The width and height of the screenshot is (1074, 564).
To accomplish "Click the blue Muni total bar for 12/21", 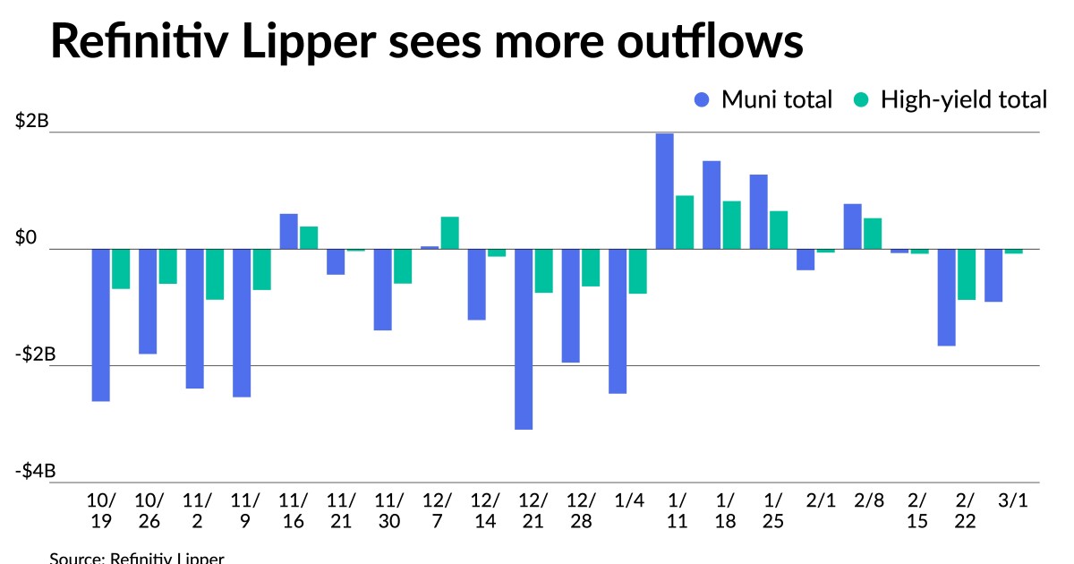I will click(524, 339).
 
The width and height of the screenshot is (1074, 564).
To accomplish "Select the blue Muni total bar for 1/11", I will click(664, 191).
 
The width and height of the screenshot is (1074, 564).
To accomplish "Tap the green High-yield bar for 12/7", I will click(449, 233).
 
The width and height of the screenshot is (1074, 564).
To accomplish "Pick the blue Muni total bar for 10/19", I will click(100, 325).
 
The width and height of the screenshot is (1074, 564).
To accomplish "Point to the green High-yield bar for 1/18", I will click(731, 225).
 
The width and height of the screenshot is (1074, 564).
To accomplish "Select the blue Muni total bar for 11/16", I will click(288, 231).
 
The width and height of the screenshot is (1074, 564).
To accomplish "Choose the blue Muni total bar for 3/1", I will click(993, 275).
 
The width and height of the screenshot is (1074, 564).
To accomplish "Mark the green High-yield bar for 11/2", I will click(215, 274).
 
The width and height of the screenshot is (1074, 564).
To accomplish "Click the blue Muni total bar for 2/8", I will click(852, 226).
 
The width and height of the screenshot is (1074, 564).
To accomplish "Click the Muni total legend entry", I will click(763, 99).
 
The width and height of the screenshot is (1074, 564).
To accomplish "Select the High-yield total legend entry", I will click(950, 99).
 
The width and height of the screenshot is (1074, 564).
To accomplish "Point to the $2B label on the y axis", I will click(32, 122).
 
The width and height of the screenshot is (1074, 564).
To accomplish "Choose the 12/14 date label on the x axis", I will click(485, 510).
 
